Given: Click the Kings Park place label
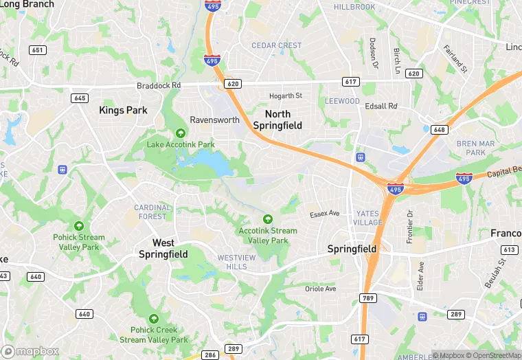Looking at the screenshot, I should [123, 110].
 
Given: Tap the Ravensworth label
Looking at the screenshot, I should [214, 120].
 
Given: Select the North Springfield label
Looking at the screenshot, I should [277, 120].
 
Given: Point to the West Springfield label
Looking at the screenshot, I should [163, 249].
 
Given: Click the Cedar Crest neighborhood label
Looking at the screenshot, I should [277, 45].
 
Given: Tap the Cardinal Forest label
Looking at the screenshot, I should [152, 212].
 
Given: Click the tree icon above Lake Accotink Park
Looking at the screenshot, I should [181, 133].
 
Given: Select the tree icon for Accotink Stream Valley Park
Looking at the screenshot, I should [268, 219].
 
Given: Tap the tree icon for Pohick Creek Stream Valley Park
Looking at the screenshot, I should [154, 319].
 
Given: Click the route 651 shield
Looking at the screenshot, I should [38, 50].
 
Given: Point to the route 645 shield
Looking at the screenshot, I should [79, 98].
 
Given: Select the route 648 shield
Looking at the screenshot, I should [440, 129].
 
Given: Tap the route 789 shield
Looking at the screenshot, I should [367, 297].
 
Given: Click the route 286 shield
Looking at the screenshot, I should [211, 355].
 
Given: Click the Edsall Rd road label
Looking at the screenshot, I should [382, 106].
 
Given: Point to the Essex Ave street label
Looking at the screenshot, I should [324, 214].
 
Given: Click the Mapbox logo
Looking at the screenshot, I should [30, 351].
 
